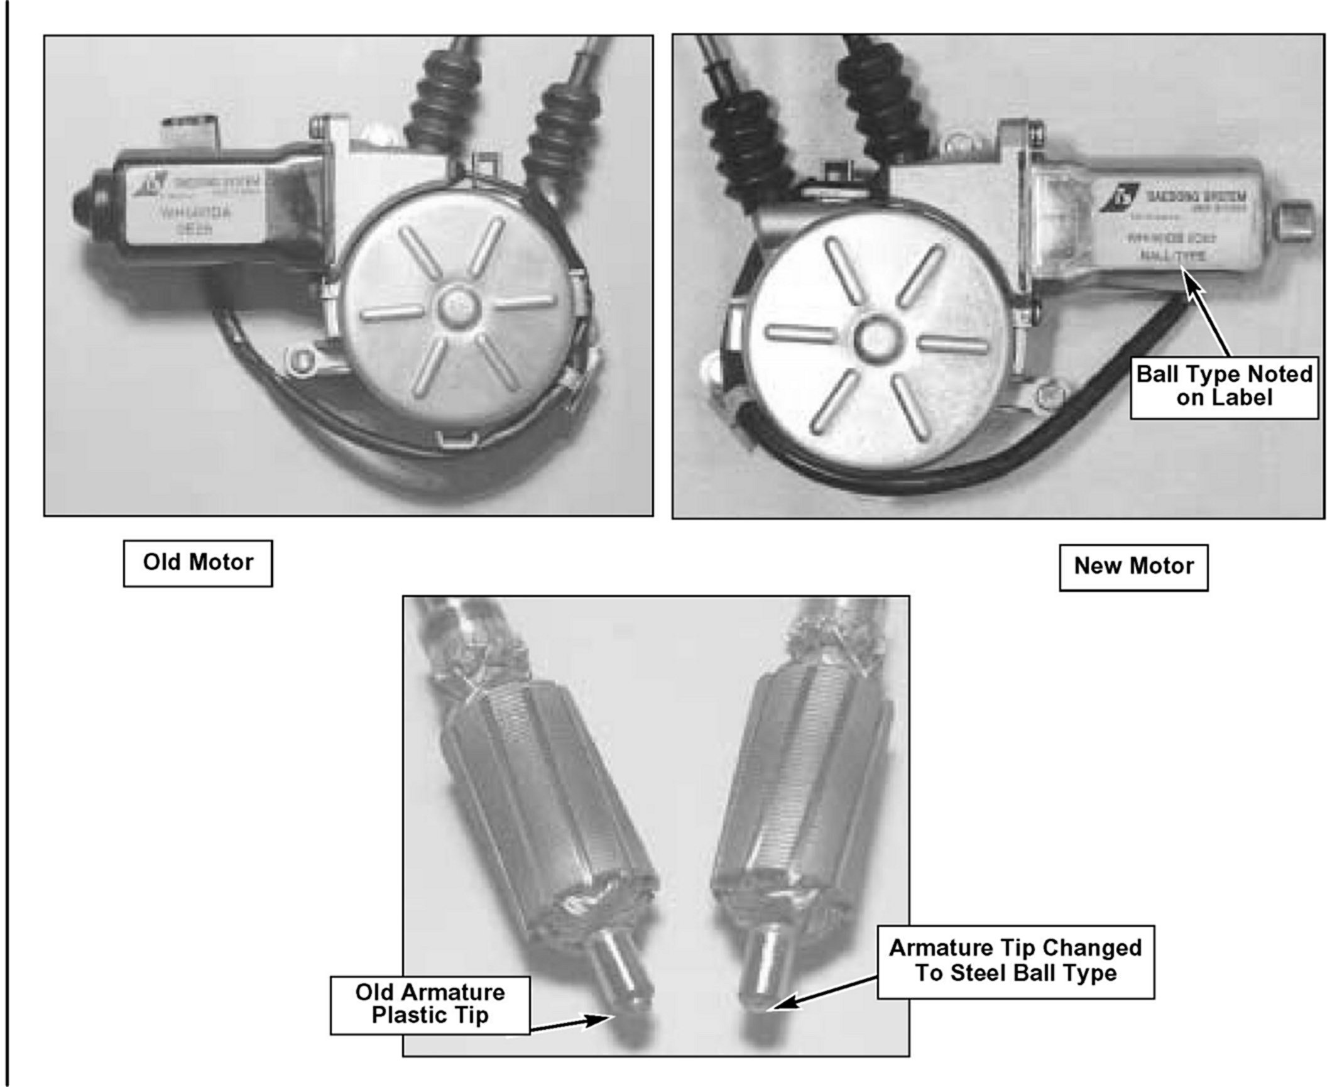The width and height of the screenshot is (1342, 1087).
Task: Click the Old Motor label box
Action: coord(198,563)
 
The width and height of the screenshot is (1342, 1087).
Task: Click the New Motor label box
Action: coord(1133,567)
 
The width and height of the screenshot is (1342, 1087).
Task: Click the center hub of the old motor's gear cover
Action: coord(451,307)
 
